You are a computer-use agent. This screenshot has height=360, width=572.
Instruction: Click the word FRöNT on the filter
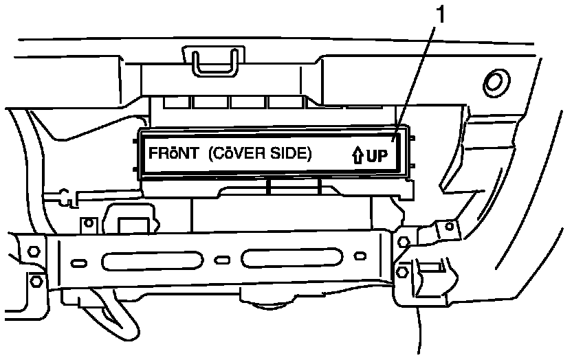click(x=168, y=155)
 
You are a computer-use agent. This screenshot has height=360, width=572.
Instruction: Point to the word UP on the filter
click(x=377, y=157)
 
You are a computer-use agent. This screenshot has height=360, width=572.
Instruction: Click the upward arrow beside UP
click(x=357, y=157)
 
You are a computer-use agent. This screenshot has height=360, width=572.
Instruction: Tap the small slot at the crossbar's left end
click(x=79, y=263)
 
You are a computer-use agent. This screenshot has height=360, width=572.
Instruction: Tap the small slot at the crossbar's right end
click(x=359, y=256)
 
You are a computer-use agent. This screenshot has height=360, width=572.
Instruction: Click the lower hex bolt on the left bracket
click(x=36, y=281)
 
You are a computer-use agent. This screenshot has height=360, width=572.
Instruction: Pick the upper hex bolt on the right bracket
click(x=404, y=242)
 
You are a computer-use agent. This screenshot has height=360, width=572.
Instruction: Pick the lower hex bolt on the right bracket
click(x=403, y=273)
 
